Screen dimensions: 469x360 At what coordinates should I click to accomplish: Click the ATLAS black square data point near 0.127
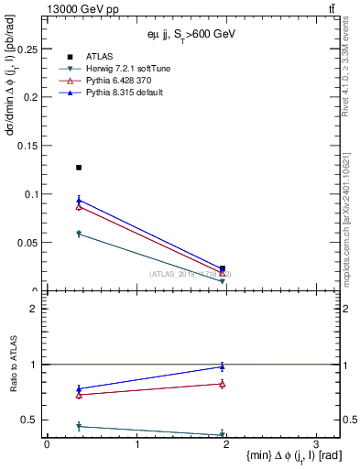79,168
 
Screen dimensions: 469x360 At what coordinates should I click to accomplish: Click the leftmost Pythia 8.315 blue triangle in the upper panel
79,200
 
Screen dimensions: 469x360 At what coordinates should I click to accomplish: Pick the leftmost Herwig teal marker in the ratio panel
79,426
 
